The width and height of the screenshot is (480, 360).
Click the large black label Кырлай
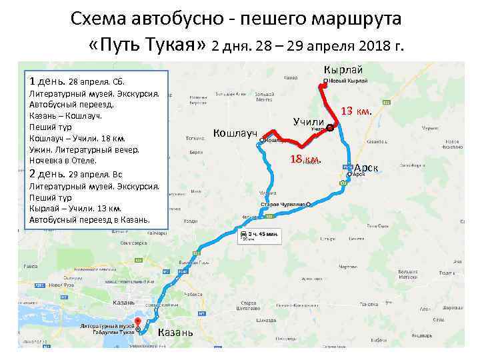click(343, 70)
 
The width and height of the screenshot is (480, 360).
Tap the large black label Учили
click(309, 121)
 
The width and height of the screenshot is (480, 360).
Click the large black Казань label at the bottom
click(176, 333)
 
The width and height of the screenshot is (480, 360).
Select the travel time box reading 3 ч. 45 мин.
click(261, 236)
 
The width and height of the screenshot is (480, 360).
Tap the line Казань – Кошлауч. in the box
click(65, 115)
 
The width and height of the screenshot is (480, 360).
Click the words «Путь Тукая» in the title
click(147, 45)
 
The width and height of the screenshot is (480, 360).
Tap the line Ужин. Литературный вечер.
click(84, 149)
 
